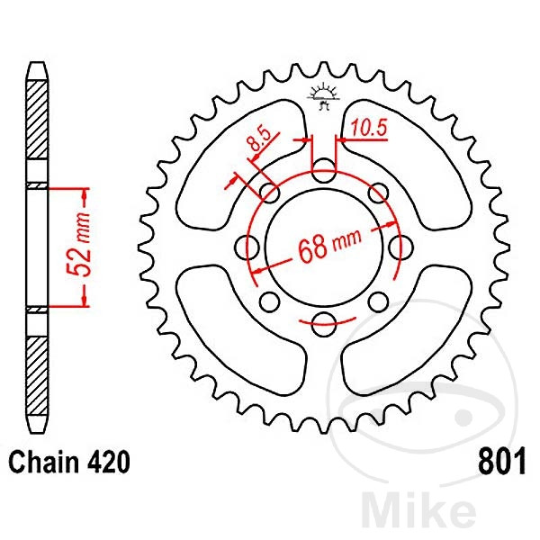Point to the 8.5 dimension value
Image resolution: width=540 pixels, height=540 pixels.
tap(258, 141)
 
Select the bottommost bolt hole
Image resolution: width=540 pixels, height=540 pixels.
tap(323, 323)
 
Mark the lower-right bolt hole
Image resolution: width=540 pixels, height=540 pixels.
tap(378, 301)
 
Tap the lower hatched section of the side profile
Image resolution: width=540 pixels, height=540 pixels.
tap(36, 369)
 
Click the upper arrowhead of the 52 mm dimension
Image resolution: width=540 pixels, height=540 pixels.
tap(85, 193)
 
